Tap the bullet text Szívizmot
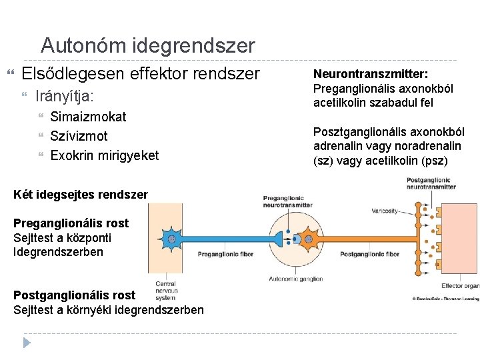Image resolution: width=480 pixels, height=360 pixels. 79,136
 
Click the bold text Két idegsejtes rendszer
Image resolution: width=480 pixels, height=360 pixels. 81,194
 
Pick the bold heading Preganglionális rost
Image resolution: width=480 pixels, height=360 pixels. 71,223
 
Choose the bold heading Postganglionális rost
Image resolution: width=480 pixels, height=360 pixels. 74,295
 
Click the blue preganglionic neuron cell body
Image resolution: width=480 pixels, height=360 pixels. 172,239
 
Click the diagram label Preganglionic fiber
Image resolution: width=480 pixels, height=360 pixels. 225,254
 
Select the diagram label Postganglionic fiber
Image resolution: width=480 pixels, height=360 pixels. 369,254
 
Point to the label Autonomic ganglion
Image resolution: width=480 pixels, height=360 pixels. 295,279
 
